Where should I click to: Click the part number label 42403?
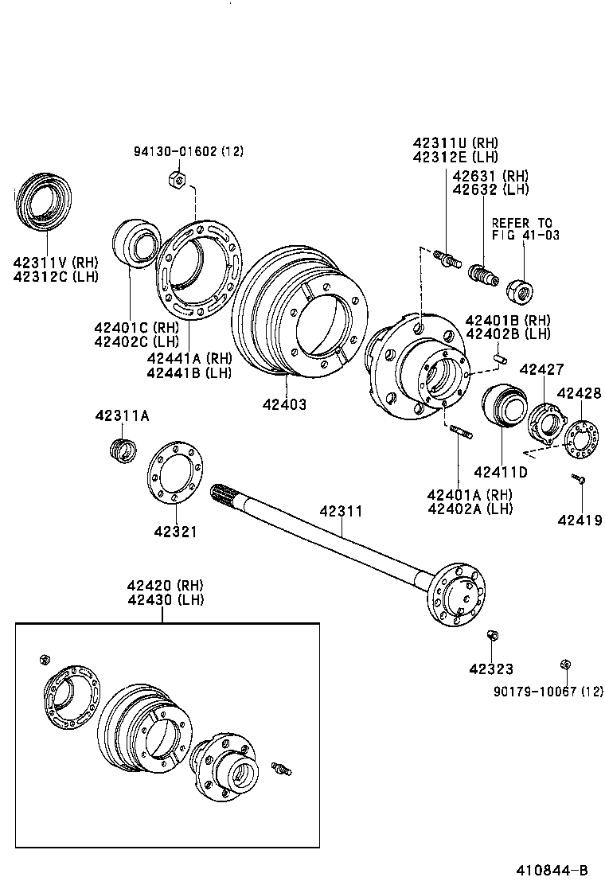(x=284, y=404)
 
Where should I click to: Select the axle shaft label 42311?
(x=341, y=510)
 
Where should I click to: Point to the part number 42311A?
(x=122, y=415)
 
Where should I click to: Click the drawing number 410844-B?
(x=554, y=870)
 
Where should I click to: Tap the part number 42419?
(x=580, y=520)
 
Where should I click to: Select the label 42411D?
(x=502, y=471)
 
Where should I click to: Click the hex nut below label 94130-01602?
(x=179, y=180)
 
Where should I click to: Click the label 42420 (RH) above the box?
(x=165, y=584)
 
